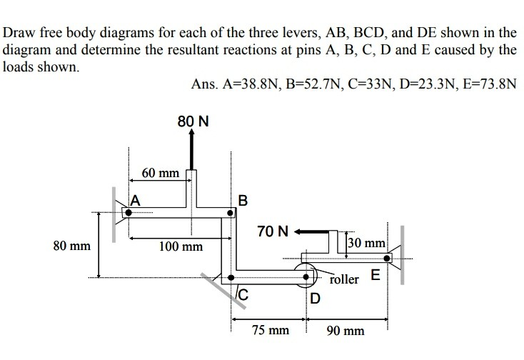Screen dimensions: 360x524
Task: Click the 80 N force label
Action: coord(193,121)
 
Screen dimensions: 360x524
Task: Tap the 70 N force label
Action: coord(274,231)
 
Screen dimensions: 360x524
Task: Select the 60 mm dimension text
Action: coord(160,173)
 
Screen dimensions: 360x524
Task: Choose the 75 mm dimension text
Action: coord(271,331)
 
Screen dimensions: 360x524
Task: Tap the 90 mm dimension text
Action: coord(346,331)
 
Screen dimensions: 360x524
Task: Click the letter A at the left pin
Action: coord(135,200)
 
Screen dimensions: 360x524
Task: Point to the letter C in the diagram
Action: coord(242,292)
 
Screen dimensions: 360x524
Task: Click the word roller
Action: coord(345,279)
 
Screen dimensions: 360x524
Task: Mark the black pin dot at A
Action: coord(129,212)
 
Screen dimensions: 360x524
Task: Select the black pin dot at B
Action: coord(231,212)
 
